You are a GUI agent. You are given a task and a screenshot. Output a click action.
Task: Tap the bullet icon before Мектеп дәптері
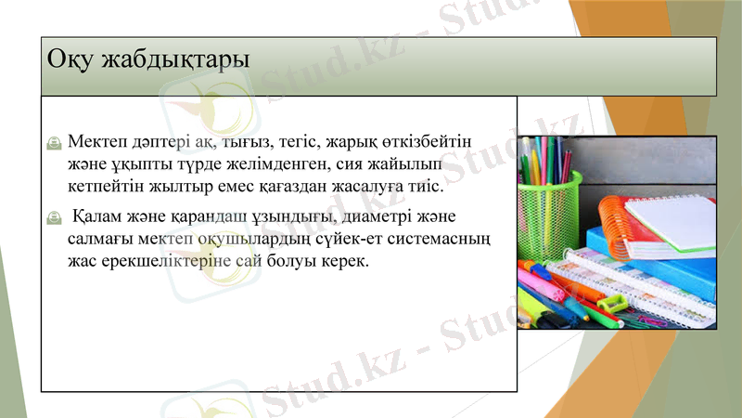point(54,142)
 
